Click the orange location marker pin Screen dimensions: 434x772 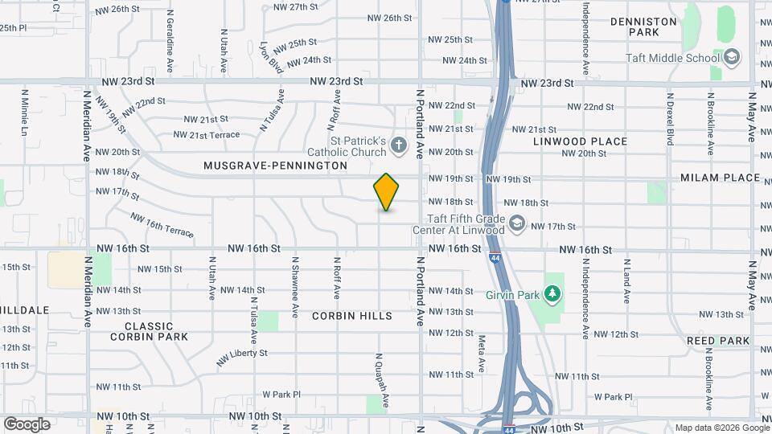[386, 192]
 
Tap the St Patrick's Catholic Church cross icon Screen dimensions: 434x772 [399, 146]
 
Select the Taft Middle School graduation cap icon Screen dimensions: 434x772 [731, 57]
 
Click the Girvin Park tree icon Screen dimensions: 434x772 [552, 293]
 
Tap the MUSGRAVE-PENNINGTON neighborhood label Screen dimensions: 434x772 [275, 166]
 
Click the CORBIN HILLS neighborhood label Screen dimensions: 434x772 [352, 316]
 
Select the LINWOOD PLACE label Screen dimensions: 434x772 [580, 141]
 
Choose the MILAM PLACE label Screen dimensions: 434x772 [720, 178]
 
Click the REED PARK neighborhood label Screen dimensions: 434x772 [718, 341]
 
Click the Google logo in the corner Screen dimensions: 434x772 [27, 424]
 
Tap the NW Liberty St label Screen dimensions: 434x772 [241, 354]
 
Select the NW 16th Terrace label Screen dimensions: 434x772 [162, 224]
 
